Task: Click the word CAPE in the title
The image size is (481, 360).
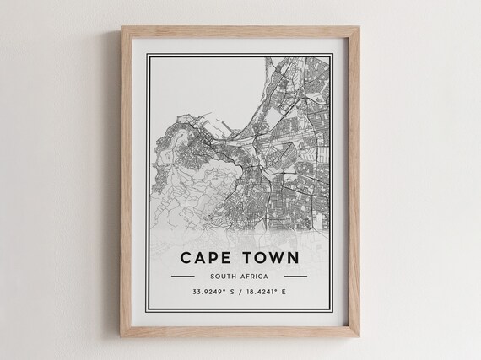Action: click(x=207, y=257)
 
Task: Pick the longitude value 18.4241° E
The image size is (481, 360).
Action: click(x=275, y=293)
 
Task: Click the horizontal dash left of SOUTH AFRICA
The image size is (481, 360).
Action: click(x=183, y=276)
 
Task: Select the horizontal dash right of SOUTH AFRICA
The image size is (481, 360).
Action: click(x=295, y=276)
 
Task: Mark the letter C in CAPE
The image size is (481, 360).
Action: click(x=184, y=257)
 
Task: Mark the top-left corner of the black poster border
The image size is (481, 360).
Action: click(x=147, y=53)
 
